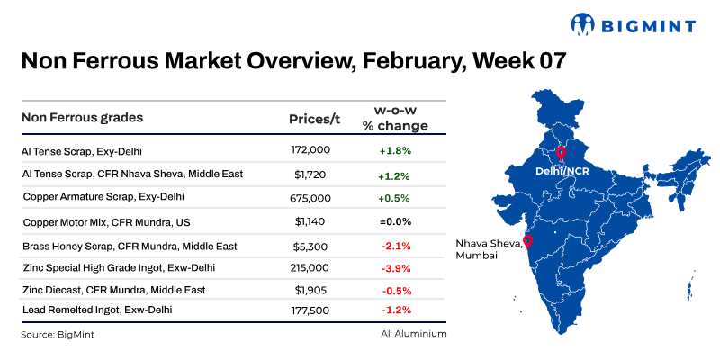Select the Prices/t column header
313,119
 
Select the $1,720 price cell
312,173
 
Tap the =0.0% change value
395,220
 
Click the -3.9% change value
395,267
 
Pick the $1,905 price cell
312,290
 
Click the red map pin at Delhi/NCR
561,153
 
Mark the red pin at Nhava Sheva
527,241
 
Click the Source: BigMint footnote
57,334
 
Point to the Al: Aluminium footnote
413,333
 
